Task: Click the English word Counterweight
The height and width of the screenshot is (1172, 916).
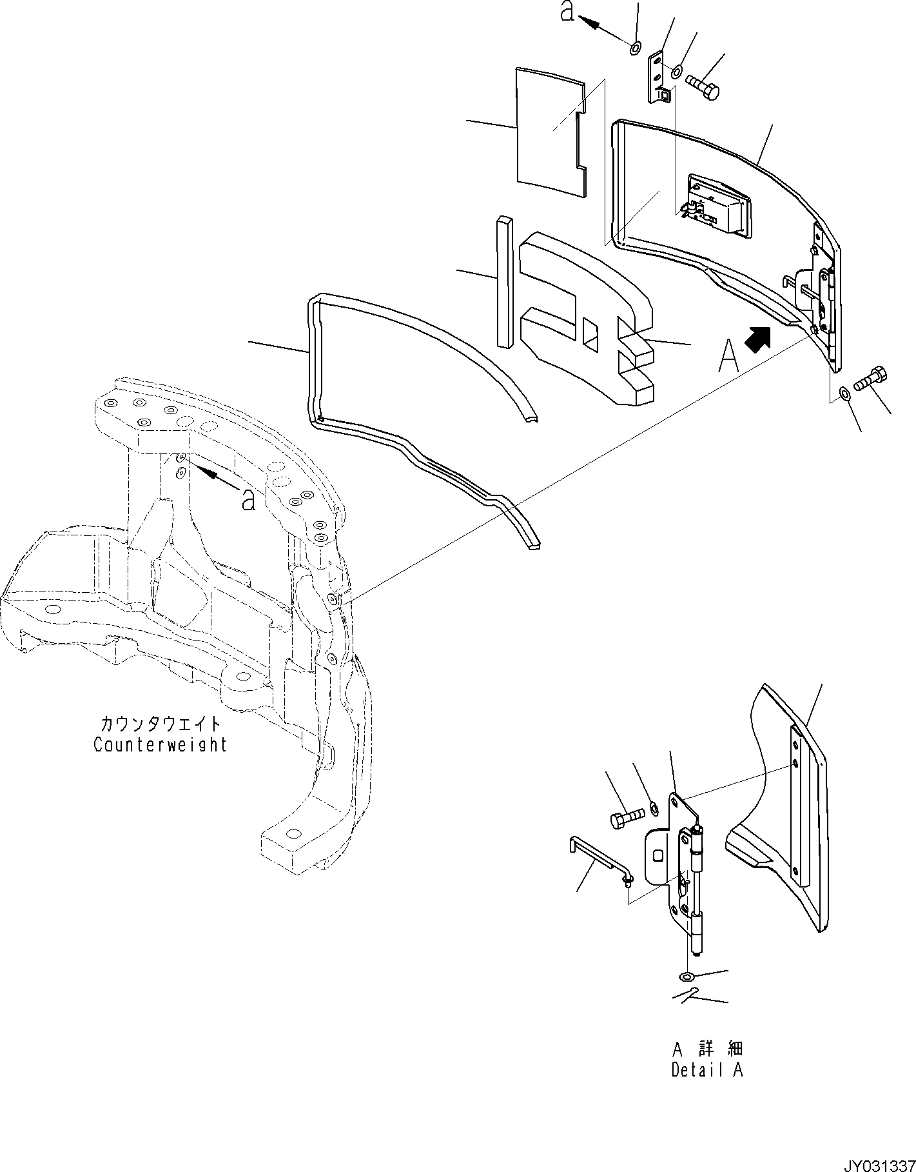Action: coord(160,745)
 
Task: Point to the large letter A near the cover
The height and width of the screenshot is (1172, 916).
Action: coord(728,356)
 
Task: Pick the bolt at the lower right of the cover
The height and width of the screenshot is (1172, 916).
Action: coord(870,379)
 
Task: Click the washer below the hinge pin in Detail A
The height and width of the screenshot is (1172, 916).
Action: coord(688,992)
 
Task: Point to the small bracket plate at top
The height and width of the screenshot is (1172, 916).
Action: coord(658,77)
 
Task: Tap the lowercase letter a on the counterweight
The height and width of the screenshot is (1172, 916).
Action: coord(248,499)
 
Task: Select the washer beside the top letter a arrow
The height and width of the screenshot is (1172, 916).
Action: coord(635,46)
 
